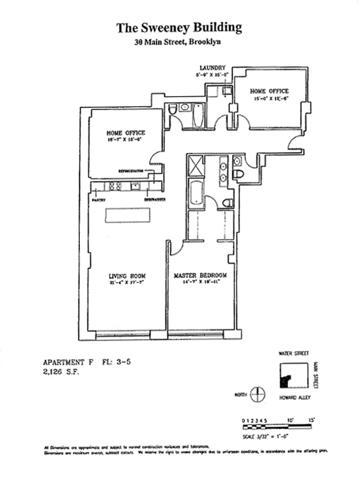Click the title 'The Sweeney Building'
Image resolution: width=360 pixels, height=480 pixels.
click(x=179, y=28)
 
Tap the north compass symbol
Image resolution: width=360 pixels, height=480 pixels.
click(x=257, y=394)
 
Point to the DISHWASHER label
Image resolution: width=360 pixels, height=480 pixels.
click(x=154, y=200)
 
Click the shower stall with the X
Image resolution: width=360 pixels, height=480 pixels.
click(x=196, y=165)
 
